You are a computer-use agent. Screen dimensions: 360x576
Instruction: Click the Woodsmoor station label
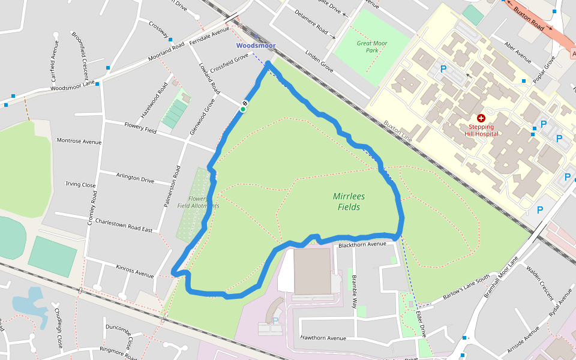pyautogui.click(x=256, y=46)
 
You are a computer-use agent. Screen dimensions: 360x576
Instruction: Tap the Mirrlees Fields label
pyautogui.click(x=349, y=202)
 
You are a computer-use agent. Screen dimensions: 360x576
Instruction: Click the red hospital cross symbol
pyautogui.click(x=481, y=119)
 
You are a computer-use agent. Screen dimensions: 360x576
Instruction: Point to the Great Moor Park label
pyautogui.click(x=372, y=47)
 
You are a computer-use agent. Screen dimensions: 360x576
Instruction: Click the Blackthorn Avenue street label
pyautogui.click(x=362, y=244)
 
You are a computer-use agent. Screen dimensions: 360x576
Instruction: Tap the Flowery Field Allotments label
pyautogui.click(x=199, y=202)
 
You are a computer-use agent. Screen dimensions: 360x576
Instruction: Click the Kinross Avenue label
pyautogui.click(x=135, y=271)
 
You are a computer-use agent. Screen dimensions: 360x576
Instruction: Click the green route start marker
pyautogui.click(x=243, y=109)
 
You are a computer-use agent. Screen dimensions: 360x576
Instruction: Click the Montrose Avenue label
pyautogui.click(x=79, y=141)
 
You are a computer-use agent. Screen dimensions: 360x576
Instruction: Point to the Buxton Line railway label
pyautogui.click(x=398, y=131)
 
